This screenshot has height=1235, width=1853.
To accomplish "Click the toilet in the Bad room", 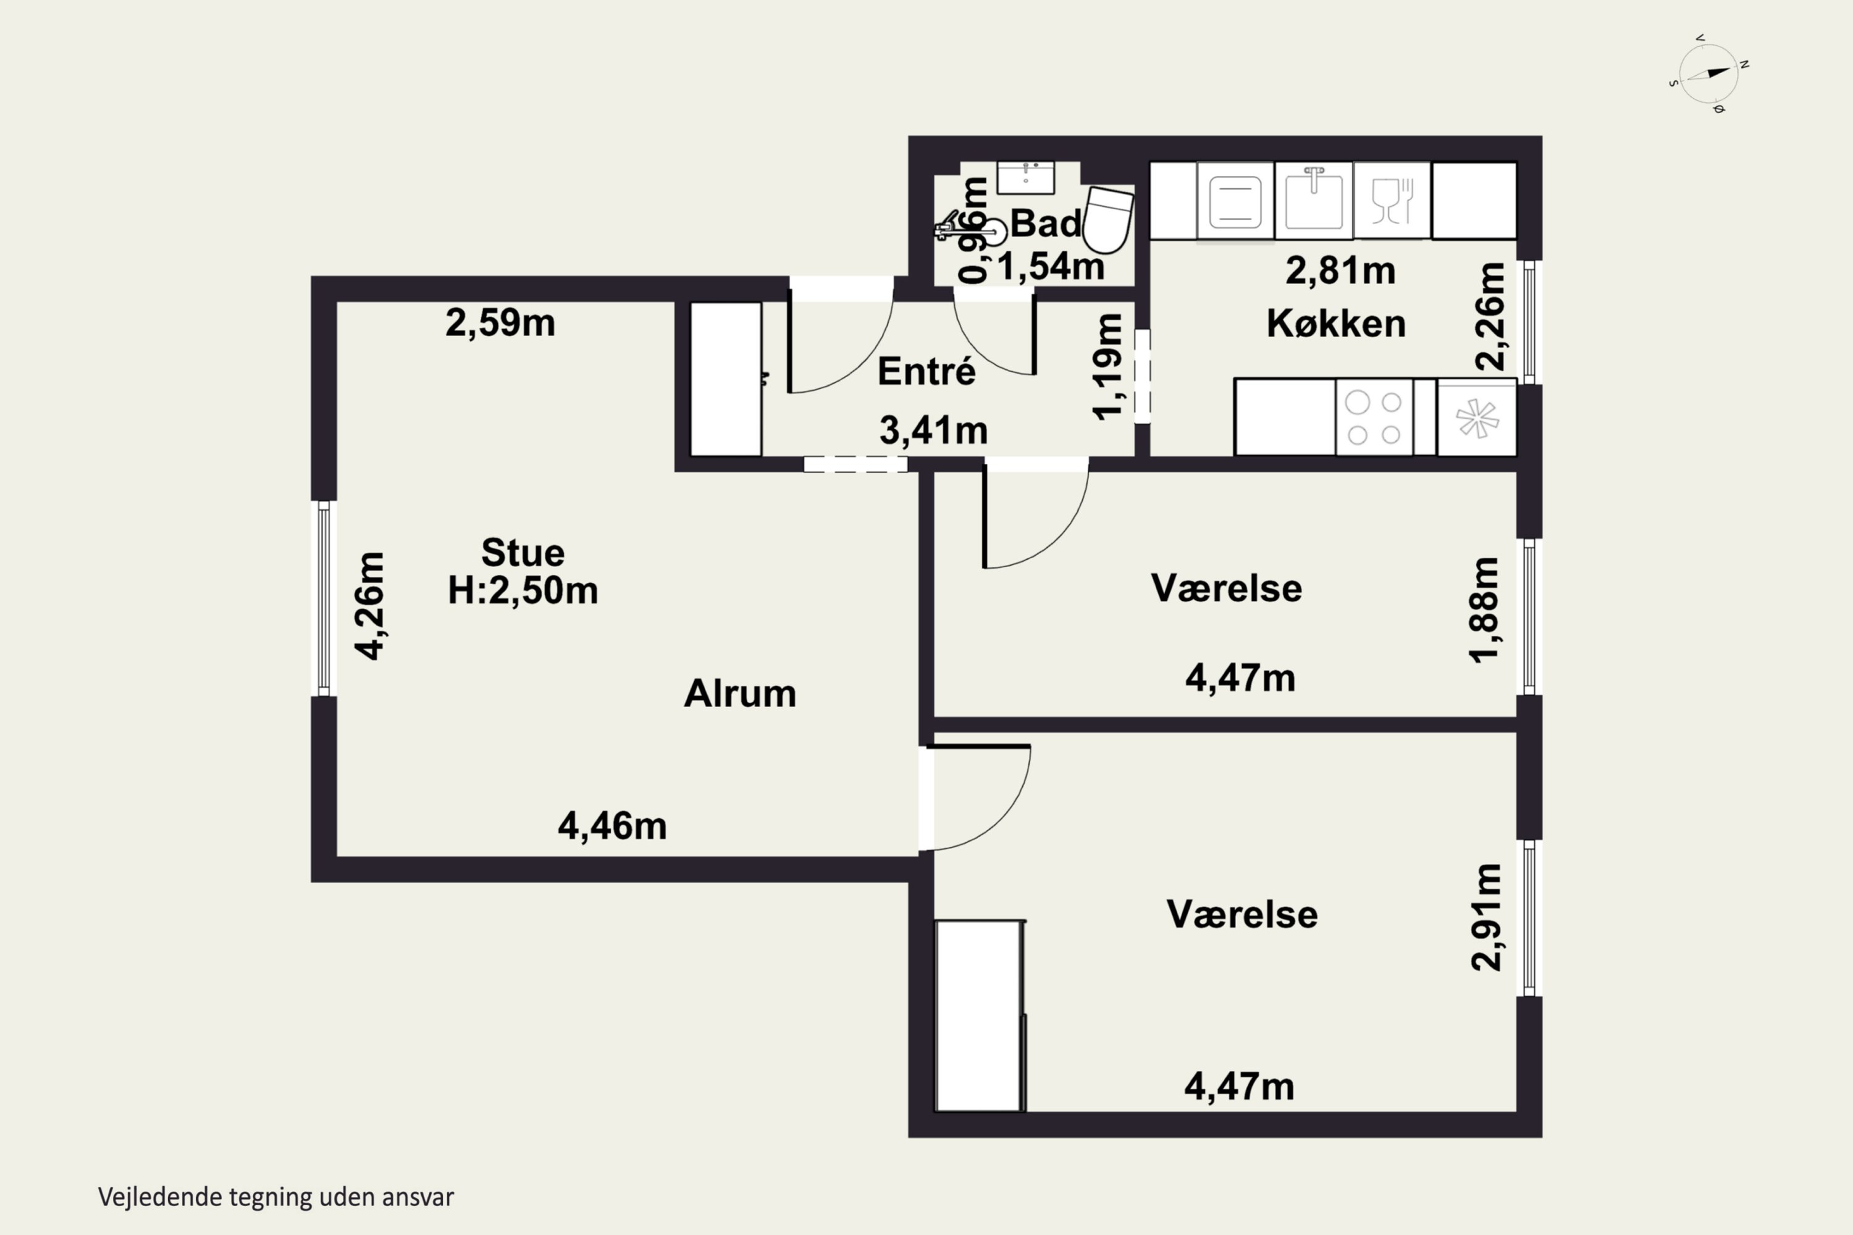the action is pyautogui.click(x=1109, y=220).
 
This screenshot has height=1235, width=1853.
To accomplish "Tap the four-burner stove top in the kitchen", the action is pyautogui.click(x=1374, y=417).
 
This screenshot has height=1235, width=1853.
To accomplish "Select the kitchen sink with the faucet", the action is pyautogui.click(x=1313, y=200).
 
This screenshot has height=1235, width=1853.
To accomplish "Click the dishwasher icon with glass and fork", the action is pyautogui.click(x=1392, y=200).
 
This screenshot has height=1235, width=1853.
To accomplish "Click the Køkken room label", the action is pyautogui.click(x=1336, y=324).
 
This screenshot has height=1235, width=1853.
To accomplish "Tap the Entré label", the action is pyautogui.click(x=926, y=371).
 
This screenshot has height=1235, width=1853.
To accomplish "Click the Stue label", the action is pyautogui.click(x=523, y=553).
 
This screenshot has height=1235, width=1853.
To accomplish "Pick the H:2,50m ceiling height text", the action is pyautogui.click(x=523, y=590).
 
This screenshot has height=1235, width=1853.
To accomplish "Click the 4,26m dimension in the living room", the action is pyautogui.click(x=369, y=606).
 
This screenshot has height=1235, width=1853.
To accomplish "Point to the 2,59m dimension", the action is pyautogui.click(x=500, y=323).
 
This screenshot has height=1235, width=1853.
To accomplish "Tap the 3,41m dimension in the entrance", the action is pyautogui.click(x=933, y=431).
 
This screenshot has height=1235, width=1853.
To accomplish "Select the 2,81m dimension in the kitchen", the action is pyautogui.click(x=1341, y=271).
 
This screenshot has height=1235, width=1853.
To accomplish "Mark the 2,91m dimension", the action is pyautogui.click(x=1487, y=918).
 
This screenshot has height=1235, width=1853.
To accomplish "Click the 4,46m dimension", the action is pyautogui.click(x=612, y=826).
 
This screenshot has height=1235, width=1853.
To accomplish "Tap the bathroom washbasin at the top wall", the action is pyautogui.click(x=1026, y=177).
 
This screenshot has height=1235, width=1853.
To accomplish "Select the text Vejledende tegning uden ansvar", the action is pyautogui.click(x=275, y=1197).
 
